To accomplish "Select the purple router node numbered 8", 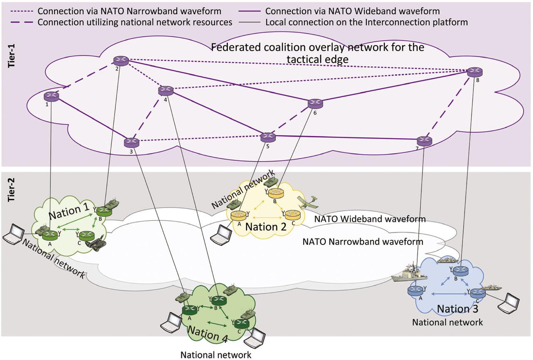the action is (x=475, y=72).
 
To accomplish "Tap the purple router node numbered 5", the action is (x=268, y=137).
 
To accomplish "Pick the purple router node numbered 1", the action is (x=51, y=97).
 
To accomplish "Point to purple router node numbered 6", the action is (x=315, y=104).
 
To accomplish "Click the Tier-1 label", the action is (x=11, y=56).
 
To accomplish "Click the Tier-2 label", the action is (x=11, y=190).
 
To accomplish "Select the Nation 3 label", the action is (x=457, y=309).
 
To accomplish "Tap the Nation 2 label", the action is (x=266, y=227).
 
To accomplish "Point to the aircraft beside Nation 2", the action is (x=309, y=203).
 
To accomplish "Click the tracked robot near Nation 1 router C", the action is (x=96, y=243).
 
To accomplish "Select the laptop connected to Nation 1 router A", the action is (x=14, y=234).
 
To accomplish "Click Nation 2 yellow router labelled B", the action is (x=276, y=193).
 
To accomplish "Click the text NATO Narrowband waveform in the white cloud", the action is (x=363, y=242).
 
